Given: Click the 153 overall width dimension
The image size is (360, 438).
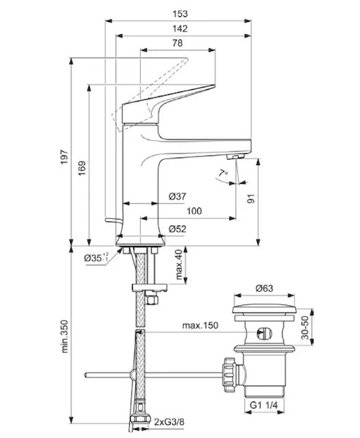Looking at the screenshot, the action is (180, 14).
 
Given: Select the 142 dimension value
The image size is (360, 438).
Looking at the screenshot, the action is (180, 28).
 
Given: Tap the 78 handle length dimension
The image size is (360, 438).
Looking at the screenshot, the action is (177, 43).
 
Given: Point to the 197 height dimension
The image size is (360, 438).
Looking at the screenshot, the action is (64, 157).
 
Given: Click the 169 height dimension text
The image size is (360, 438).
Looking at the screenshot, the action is (82, 168).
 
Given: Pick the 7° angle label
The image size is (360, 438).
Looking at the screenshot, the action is (223, 174).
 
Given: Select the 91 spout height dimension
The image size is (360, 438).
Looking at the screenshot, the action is (251, 199).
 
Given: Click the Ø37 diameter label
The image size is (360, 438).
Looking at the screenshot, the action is (177, 196).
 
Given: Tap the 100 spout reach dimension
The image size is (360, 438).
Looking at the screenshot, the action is (194, 211).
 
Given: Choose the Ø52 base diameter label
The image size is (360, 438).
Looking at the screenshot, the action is (177, 229).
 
